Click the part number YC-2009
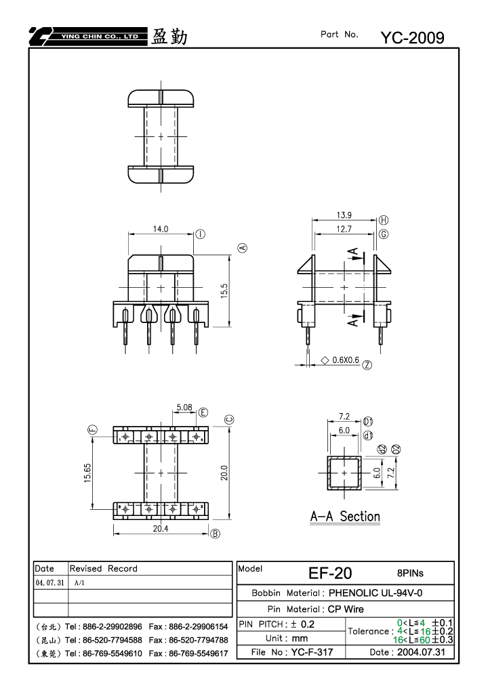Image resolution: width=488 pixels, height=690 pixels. (x=412, y=38)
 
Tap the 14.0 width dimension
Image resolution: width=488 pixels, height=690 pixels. (x=161, y=229)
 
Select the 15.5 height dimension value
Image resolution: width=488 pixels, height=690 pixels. (x=224, y=291)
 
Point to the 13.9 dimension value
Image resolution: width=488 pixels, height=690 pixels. (x=344, y=215)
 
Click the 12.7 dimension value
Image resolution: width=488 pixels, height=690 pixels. (x=344, y=229)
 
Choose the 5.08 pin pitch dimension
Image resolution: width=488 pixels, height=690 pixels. (x=184, y=408)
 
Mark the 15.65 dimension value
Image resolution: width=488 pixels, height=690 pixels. (x=87, y=473)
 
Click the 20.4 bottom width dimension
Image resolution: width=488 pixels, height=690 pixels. (x=161, y=528)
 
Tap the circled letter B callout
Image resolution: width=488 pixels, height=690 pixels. (x=215, y=534)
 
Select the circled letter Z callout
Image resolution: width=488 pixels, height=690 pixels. (x=367, y=365)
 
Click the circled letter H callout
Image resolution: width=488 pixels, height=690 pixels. (x=384, y=220)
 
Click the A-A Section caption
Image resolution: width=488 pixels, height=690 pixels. (x=345, y=516)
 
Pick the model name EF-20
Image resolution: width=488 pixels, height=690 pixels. (x=330, y=573)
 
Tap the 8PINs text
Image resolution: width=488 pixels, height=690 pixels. (x=410, y=573)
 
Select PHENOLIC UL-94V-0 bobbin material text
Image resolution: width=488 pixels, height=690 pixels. (x=375, y=592)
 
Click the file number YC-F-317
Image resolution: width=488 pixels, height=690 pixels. (x=312, y=652)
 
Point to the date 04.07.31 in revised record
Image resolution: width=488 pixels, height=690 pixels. (x=49, y=582)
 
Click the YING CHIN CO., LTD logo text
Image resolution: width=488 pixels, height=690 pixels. (x=100, y=37)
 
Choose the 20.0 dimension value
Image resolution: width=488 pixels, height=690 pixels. (x=224, y=473)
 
